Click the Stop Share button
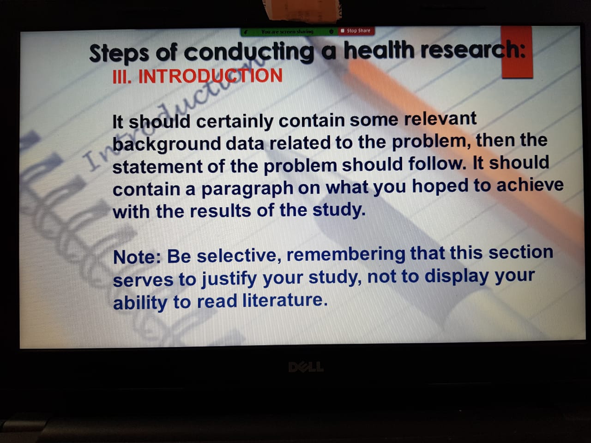tap(356, 31)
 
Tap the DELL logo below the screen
tap(306, 367)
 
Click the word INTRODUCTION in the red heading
tap(210, 76)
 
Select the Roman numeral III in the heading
tap(121, 77)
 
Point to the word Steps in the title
tap(119, 53)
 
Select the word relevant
tap(440, 119)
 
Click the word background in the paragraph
tap(166, 144)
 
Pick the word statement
tap(157, 167)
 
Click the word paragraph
tap(247, 189)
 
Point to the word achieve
tap(530, 185)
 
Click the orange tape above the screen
tap(303, 10)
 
